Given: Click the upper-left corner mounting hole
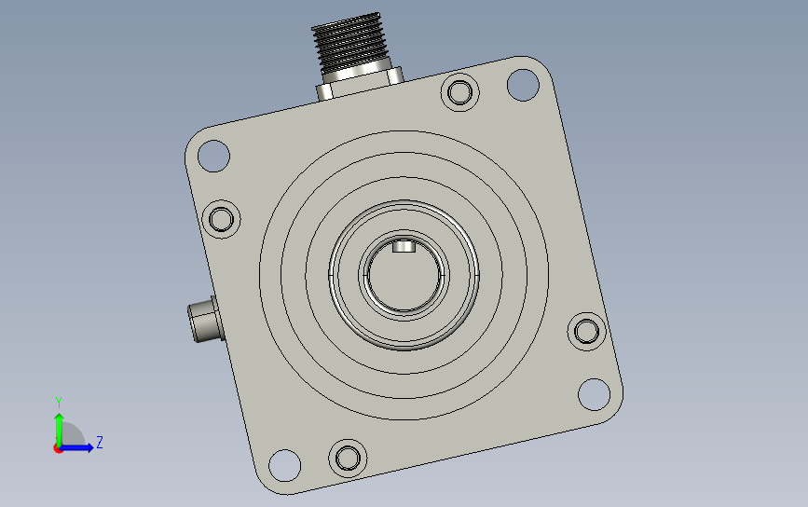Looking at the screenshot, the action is (x=213, y=156).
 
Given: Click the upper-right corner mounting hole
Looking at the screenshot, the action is (x=523, y=85).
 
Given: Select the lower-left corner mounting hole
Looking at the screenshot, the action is (x=285, y=465).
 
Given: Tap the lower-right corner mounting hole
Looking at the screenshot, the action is (x=595, y=394).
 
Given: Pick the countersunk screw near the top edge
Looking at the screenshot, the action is (x=460, y=93).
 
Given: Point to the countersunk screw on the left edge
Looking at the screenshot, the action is (x=222, y=219).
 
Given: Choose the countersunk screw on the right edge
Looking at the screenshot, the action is (x=586, y=331).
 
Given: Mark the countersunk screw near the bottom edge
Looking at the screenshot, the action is (x=348, y=458).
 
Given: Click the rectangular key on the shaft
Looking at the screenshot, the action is (x=404, y=246).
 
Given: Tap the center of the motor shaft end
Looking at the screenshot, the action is (x=404, y=275).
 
